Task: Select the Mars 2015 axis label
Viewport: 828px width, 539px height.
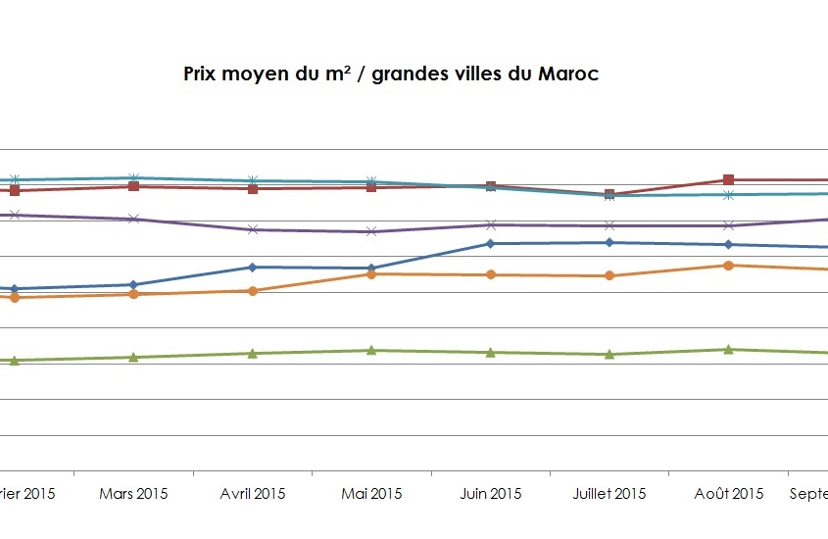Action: pyautogui.click(x=133, y=493)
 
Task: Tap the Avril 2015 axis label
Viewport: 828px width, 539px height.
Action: pyautogui.click(x=253, y=493)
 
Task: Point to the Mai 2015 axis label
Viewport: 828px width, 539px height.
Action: pyautogui.click(x=371, y=493)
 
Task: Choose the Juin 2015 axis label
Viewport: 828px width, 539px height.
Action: pyautogui.click(x=491, y=493)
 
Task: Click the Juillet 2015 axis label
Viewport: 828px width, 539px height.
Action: pyautogui.click(x=609, y=493)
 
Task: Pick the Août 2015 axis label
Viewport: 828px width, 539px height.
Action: pyautogui.click(x=729, y=493)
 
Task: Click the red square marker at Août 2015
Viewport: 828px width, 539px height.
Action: pyautogui.click(x=728, y=179)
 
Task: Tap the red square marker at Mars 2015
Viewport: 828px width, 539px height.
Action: pyautogui.click(x=133, y=186)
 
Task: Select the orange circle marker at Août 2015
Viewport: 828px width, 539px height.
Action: pyautogui.click(x=728, y=265)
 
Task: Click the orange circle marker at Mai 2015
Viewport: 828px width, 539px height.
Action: pyautogui.click(x=371, y=274)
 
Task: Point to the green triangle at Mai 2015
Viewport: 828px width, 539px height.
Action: pyautogui.click(x=371, y=350)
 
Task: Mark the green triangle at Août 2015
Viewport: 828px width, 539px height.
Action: pyautogui.click(x=728, y=349)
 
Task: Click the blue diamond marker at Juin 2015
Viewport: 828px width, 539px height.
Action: pyautogui.click(x=490, y=243)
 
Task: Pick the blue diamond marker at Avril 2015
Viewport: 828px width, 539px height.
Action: pyautogui.click(x=253, y=267)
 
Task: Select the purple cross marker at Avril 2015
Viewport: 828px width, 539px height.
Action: pyautogui.click(x=253, y=229)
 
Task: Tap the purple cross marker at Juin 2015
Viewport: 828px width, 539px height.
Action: pyautogui.click(x=490, y=224)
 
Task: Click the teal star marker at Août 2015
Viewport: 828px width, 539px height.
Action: pyautogui.click(x=728, y=195)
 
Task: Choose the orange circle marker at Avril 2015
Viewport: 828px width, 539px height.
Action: pyautogui.click(x=253, y=290)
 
